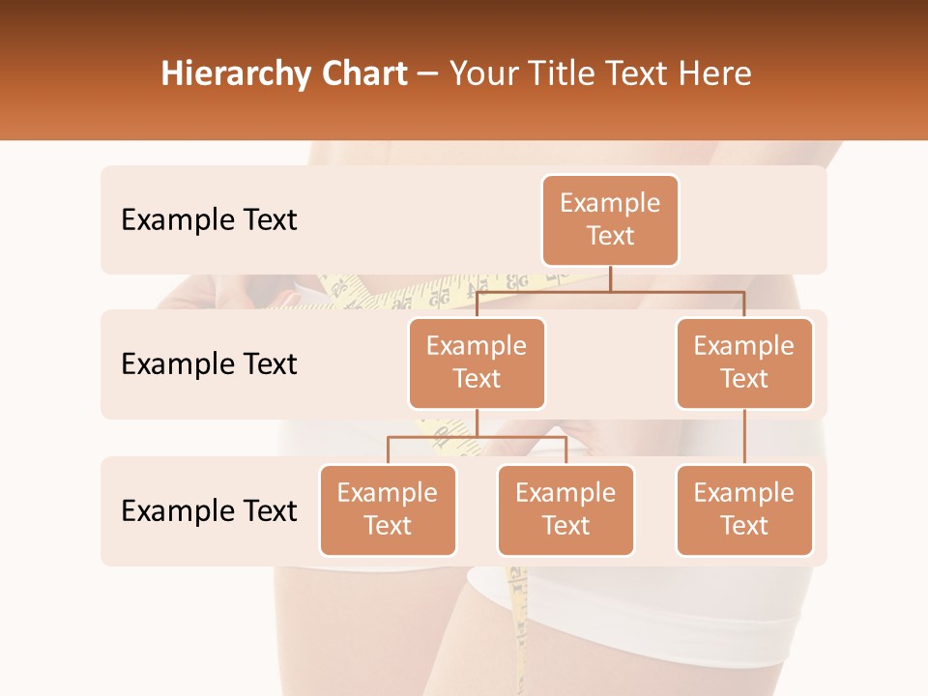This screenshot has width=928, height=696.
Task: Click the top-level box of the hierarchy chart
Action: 610,220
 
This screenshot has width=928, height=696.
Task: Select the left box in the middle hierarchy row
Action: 477,362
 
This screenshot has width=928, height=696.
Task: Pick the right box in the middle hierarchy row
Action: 744,362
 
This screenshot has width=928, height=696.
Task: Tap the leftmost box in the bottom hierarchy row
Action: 388,509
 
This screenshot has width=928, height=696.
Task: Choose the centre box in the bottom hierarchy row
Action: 565,509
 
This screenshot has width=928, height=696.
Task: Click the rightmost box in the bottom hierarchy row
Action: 744,509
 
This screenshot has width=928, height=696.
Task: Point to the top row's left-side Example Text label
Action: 209,220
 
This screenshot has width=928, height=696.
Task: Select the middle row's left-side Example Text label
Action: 209,364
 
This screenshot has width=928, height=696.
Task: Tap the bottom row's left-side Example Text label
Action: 209,510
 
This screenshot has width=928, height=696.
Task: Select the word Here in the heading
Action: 714,73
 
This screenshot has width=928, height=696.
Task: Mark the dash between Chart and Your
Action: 428,75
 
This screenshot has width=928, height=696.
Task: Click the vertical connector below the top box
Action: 610,278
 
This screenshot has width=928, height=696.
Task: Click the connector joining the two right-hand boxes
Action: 744,436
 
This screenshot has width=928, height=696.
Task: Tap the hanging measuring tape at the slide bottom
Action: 519,628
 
